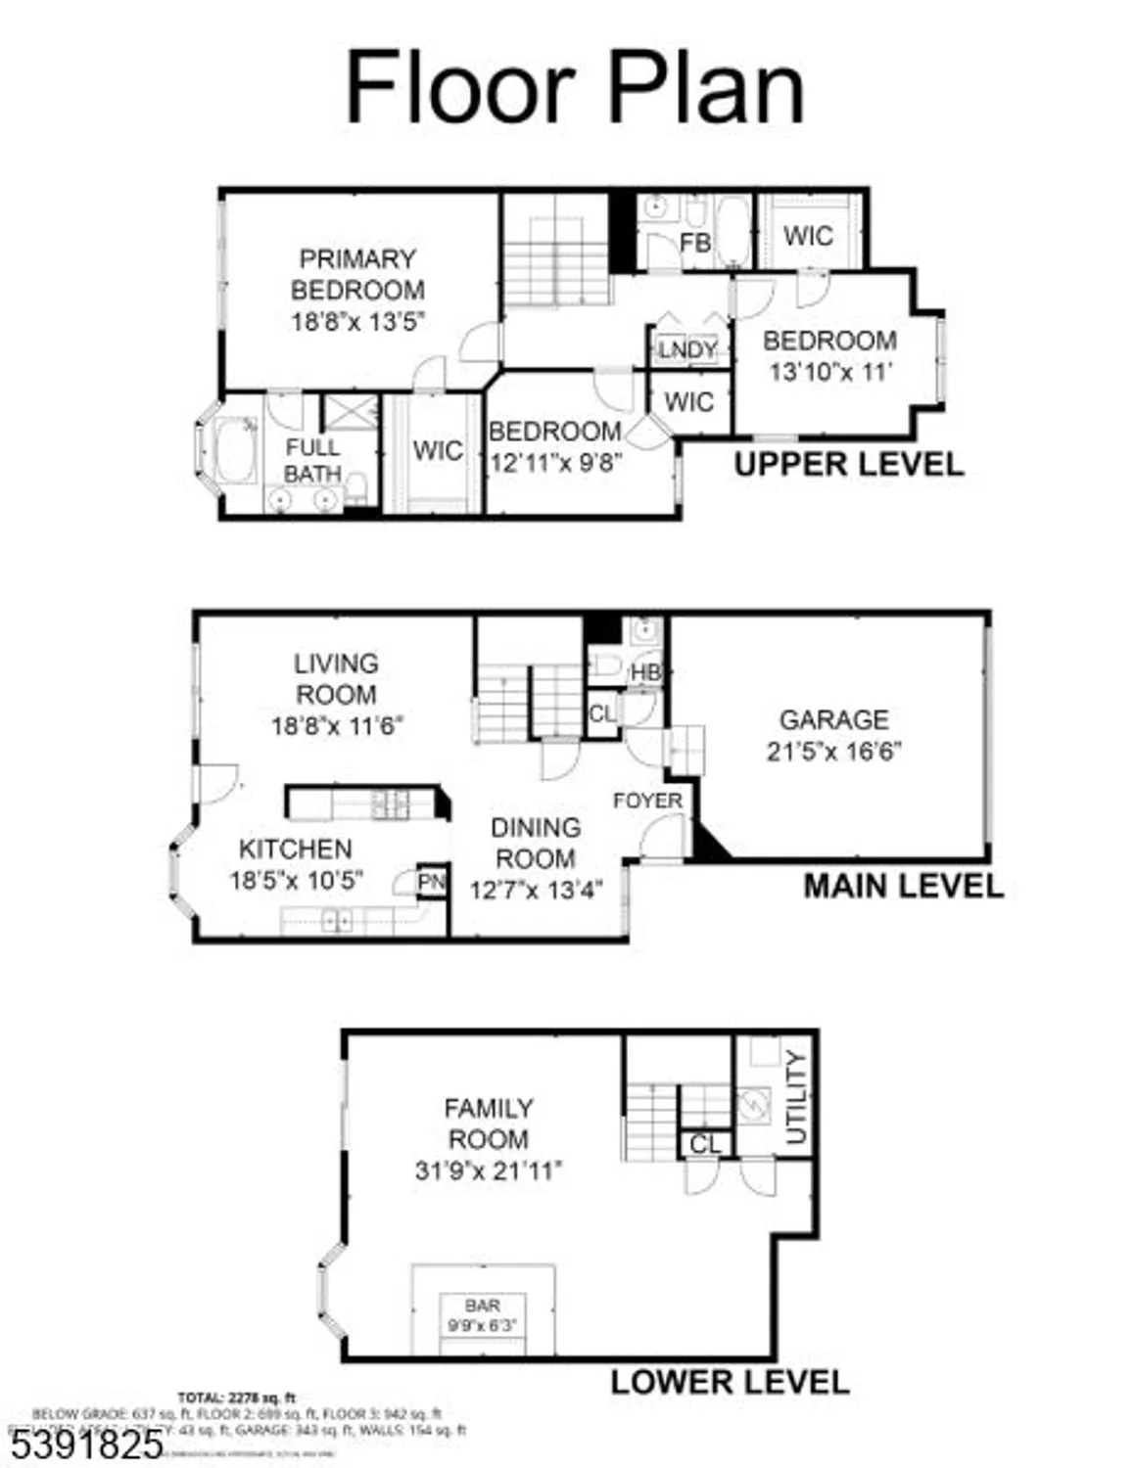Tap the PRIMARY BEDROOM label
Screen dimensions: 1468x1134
tap(357, 274)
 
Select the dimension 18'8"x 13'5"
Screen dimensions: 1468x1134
tap(357, 322)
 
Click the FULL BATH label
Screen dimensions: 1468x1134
tap(312, 461)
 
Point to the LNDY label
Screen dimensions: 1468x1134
tap(687, 350)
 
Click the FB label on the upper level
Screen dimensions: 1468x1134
tap(695, 242)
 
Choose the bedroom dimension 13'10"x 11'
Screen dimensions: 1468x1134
tap(831, 372)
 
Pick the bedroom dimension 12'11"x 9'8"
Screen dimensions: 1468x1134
tap(555, 462)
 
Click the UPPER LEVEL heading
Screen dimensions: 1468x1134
tap(849, 464)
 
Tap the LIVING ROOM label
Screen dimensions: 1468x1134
tap(336, 678)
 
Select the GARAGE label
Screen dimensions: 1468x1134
tap(833, 719)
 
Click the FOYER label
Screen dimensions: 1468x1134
tap(647, 801)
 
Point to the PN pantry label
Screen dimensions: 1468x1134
tap(431, 882)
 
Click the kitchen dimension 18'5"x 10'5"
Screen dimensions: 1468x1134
tap(296, 880)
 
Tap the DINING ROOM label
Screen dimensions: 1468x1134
tap(535, 843)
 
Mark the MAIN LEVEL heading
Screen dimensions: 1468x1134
tap(903, 887)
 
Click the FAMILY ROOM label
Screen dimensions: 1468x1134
tap(488, 1124)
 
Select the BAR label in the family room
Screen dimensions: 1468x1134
tap(483, 1306)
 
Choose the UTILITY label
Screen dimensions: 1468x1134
tap(796, 1097)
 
